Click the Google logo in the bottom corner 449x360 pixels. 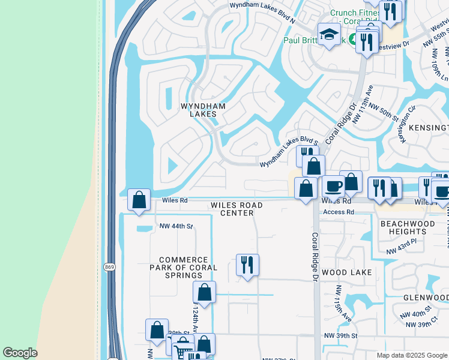click(x=20, y=353)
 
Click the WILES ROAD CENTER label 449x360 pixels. click(x=237, y=209)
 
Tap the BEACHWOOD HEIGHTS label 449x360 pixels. click(x=403, y=227)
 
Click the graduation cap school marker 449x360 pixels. click(x=329, y=35)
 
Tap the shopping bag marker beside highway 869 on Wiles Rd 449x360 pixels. click(x=139, y=200)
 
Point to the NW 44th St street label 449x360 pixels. click(x=176, y=226)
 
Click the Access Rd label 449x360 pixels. click(x=338, y=212)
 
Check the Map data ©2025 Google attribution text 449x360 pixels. click(x=412, y=355)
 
